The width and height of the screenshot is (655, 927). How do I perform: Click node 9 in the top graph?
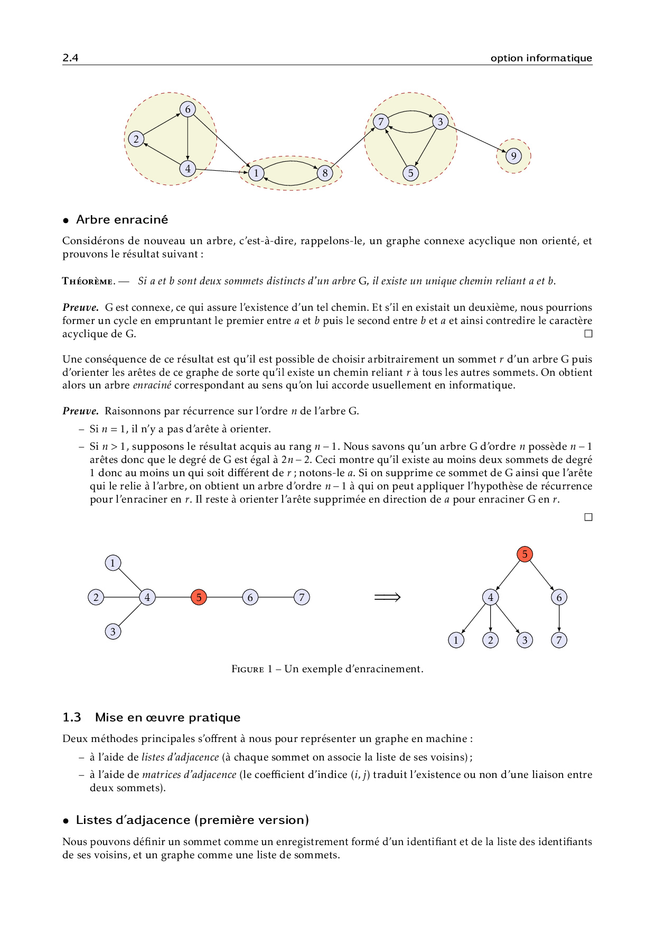click(x=513, y=156)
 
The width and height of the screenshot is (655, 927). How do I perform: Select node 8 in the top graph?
click(x=325, y=173)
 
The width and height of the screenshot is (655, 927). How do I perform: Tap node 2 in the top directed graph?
click(x=136, y=139)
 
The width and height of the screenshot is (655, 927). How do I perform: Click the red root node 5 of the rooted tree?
click(x=525, y=554)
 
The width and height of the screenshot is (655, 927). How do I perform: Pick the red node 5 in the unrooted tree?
click(x=199, y=597)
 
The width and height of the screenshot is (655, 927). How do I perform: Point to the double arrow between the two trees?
click(x=387, y=597)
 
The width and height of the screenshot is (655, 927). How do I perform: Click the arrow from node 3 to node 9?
click(x=477, y=139)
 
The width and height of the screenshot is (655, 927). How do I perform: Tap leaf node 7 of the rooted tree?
click(x=559, y=640)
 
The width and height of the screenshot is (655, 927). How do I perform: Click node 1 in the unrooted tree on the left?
click(x=113, y=563)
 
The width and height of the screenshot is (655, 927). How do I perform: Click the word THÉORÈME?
click(x=88, y=281)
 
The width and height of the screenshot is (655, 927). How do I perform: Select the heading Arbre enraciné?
click(x=122, y=220)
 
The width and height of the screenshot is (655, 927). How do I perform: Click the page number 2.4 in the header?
click(x=70, y=58)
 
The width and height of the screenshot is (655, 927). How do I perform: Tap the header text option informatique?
click(x=541, y=58)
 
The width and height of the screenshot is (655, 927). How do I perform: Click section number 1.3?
click(x=72, y=717)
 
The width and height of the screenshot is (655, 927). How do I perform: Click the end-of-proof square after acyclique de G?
click(x=588, y=334)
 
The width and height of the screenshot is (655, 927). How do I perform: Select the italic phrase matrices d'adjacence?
click(x=189, y=775)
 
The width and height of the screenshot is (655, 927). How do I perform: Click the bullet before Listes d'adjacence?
click(x=66, y=821)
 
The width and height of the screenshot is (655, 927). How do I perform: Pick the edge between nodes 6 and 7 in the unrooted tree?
click(x=276, y=597)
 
